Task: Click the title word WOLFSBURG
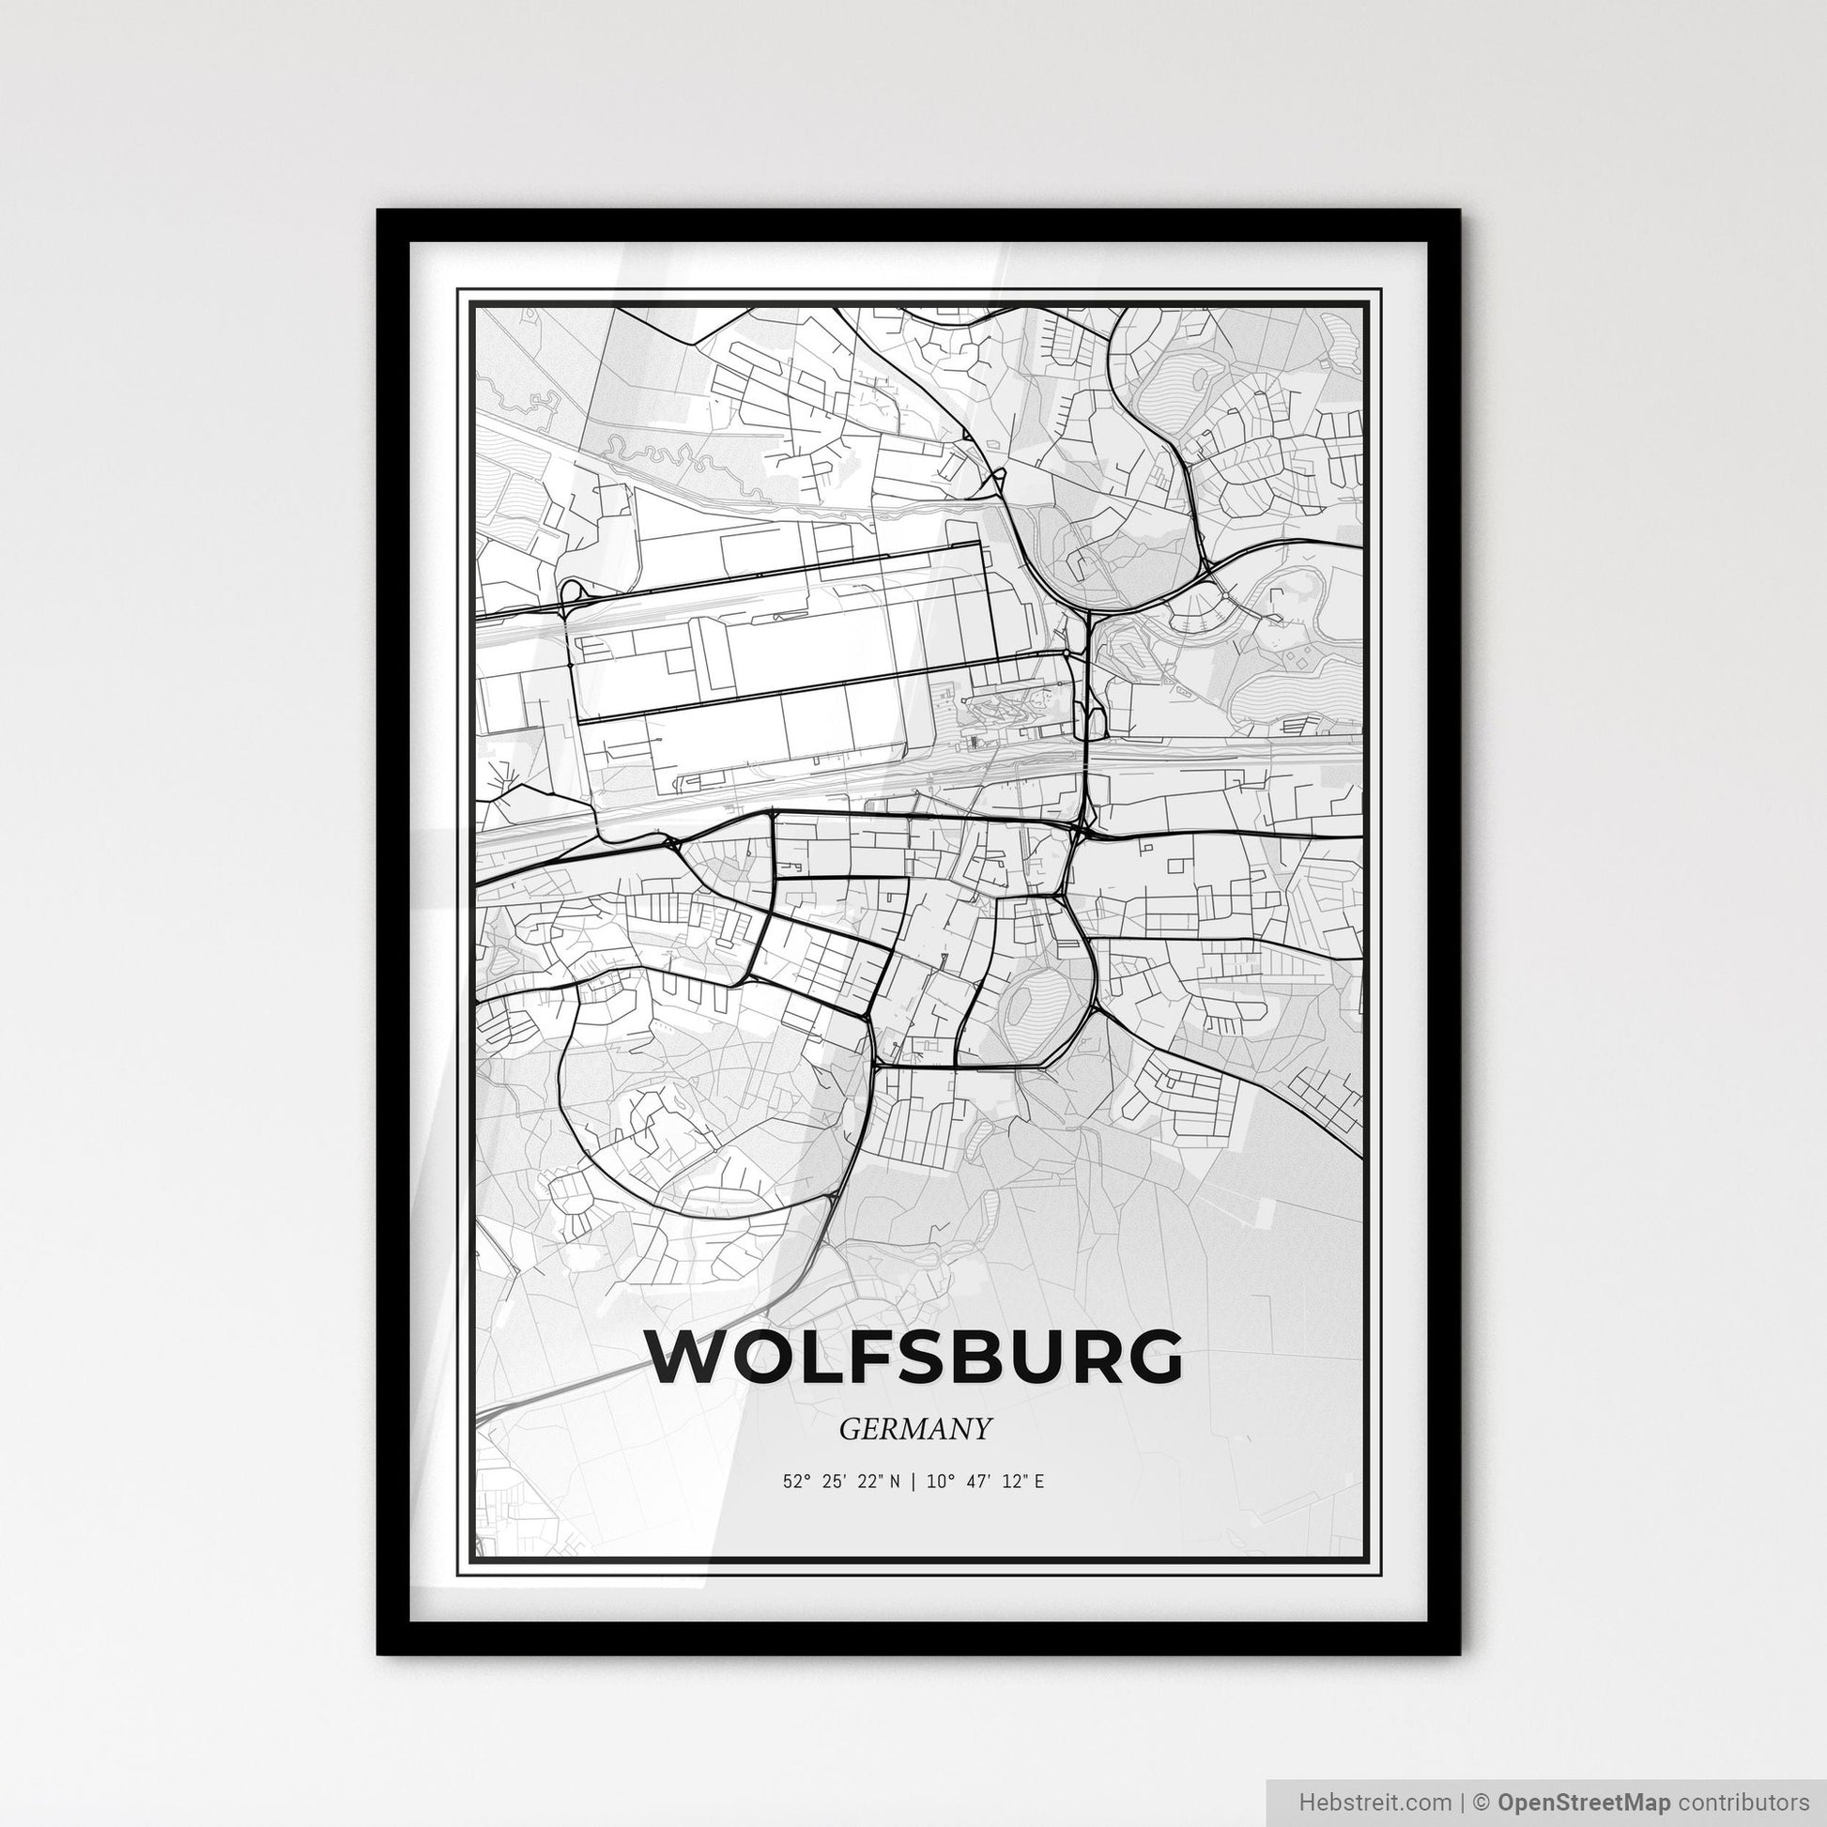[913, 1357]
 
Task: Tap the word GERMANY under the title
[914, 1429]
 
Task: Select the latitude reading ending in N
[841, 1482]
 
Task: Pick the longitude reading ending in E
[986, 1482]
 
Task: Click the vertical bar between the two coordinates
[913, 1482]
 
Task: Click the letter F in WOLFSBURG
[859, 1357]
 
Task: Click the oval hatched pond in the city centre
[1032, 1007]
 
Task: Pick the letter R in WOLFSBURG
[1086, 1357]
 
